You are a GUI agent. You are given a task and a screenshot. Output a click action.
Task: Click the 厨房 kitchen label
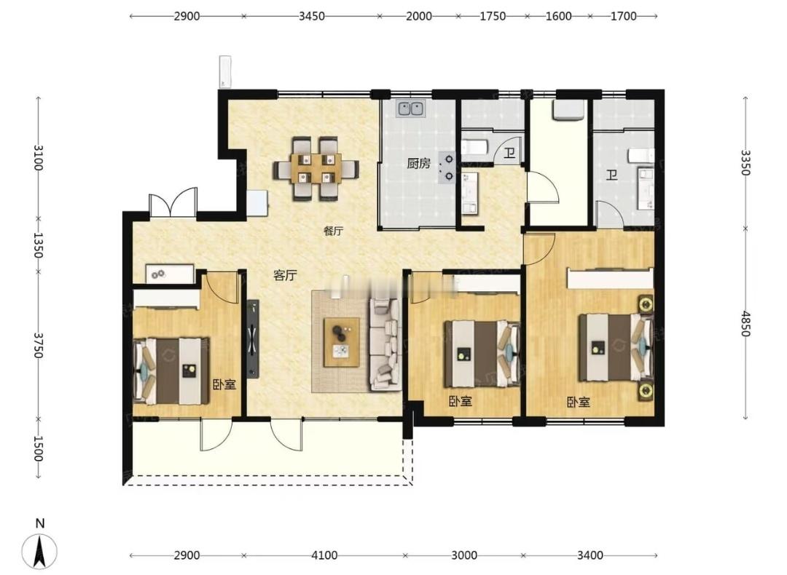(x=418, y=164)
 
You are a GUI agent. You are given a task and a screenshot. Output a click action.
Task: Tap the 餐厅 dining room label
(x=333, y=231)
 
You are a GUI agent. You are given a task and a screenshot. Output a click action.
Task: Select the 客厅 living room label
(x=285, y=275)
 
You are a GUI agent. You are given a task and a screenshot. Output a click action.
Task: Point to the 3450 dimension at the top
(x=312, y=16)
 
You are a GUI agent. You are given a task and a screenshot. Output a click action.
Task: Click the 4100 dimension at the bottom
(x=324, y=555)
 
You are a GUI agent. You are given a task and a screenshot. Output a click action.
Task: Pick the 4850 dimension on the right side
(x=745, y=324)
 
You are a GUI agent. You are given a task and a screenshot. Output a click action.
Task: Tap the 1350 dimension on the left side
(x=38, y=245)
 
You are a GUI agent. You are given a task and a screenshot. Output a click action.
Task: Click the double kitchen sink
(x=412, y=108)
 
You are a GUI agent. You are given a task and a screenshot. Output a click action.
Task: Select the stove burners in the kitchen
(x=447, y=167)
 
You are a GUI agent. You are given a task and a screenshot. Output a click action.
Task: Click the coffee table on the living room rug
(x=341, y=342)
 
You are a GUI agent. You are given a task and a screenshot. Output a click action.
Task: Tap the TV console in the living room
(x=253, y=339)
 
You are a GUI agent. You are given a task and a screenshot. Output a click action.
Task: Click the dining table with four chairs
(x=316, y=170)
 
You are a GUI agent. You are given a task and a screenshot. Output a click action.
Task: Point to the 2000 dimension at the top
(x=418, y=16)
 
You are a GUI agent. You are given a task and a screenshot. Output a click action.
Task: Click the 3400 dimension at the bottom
(x=590, y=555)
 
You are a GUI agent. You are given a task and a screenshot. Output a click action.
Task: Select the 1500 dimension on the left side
(x=38, y=448)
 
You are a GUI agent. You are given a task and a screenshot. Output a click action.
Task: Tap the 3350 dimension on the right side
(x=745, y=162)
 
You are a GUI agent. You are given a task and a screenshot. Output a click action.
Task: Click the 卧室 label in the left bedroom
(x=224, y=385)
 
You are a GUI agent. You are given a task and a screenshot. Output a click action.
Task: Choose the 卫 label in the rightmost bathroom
(x=612, y=175)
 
